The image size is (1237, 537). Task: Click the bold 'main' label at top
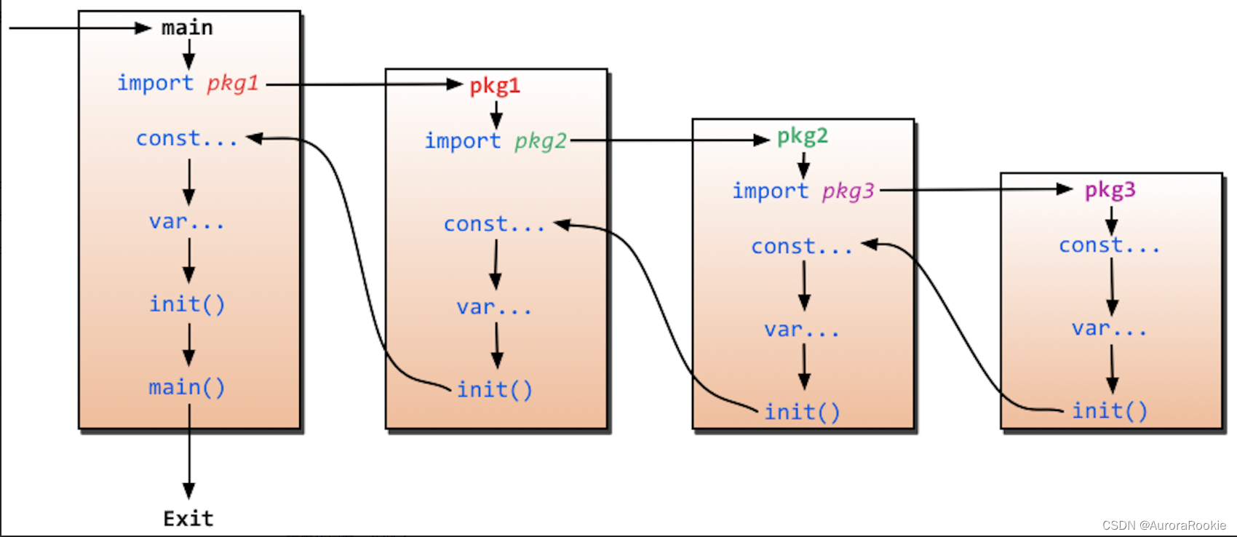187,28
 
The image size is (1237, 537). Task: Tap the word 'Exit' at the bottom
188,518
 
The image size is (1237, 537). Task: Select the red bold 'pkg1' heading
495,86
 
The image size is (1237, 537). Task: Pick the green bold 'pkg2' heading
803,136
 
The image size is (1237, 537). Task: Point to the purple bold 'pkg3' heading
1110,190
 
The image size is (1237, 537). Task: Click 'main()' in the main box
187,387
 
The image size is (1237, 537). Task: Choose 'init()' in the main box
187,304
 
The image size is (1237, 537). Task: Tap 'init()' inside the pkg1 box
495,390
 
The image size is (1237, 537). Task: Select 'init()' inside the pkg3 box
1110,411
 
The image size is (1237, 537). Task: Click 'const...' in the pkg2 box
802,247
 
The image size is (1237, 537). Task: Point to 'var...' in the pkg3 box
1109,329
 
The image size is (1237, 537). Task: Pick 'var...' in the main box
187,221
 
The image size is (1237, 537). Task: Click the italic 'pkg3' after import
848,191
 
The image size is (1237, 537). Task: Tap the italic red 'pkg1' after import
233,83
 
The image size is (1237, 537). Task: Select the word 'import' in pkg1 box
463,140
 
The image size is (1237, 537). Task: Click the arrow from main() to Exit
189,451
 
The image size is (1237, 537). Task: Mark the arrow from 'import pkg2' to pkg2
669,140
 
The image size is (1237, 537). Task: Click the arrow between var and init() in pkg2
804,366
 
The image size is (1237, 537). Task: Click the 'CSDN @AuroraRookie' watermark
1164,525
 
